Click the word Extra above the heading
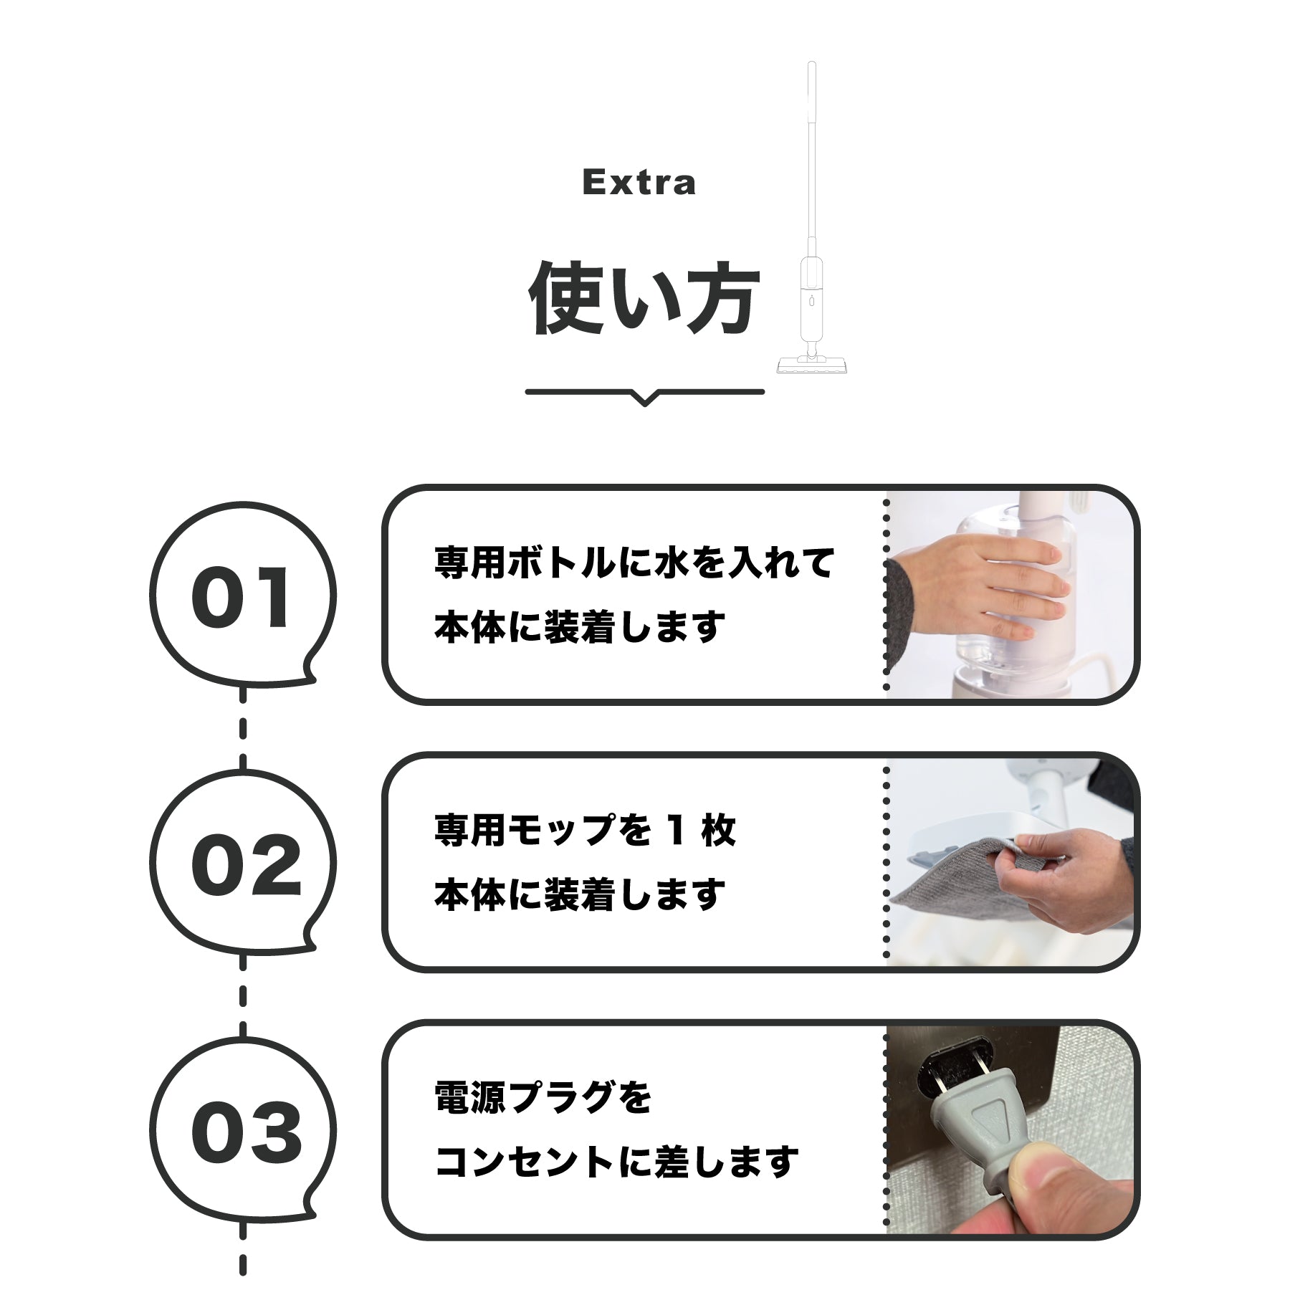639,182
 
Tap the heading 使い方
643,297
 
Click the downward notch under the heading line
645,399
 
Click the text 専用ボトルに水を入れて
634,562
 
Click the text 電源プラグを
543,1097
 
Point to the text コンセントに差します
616,1162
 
